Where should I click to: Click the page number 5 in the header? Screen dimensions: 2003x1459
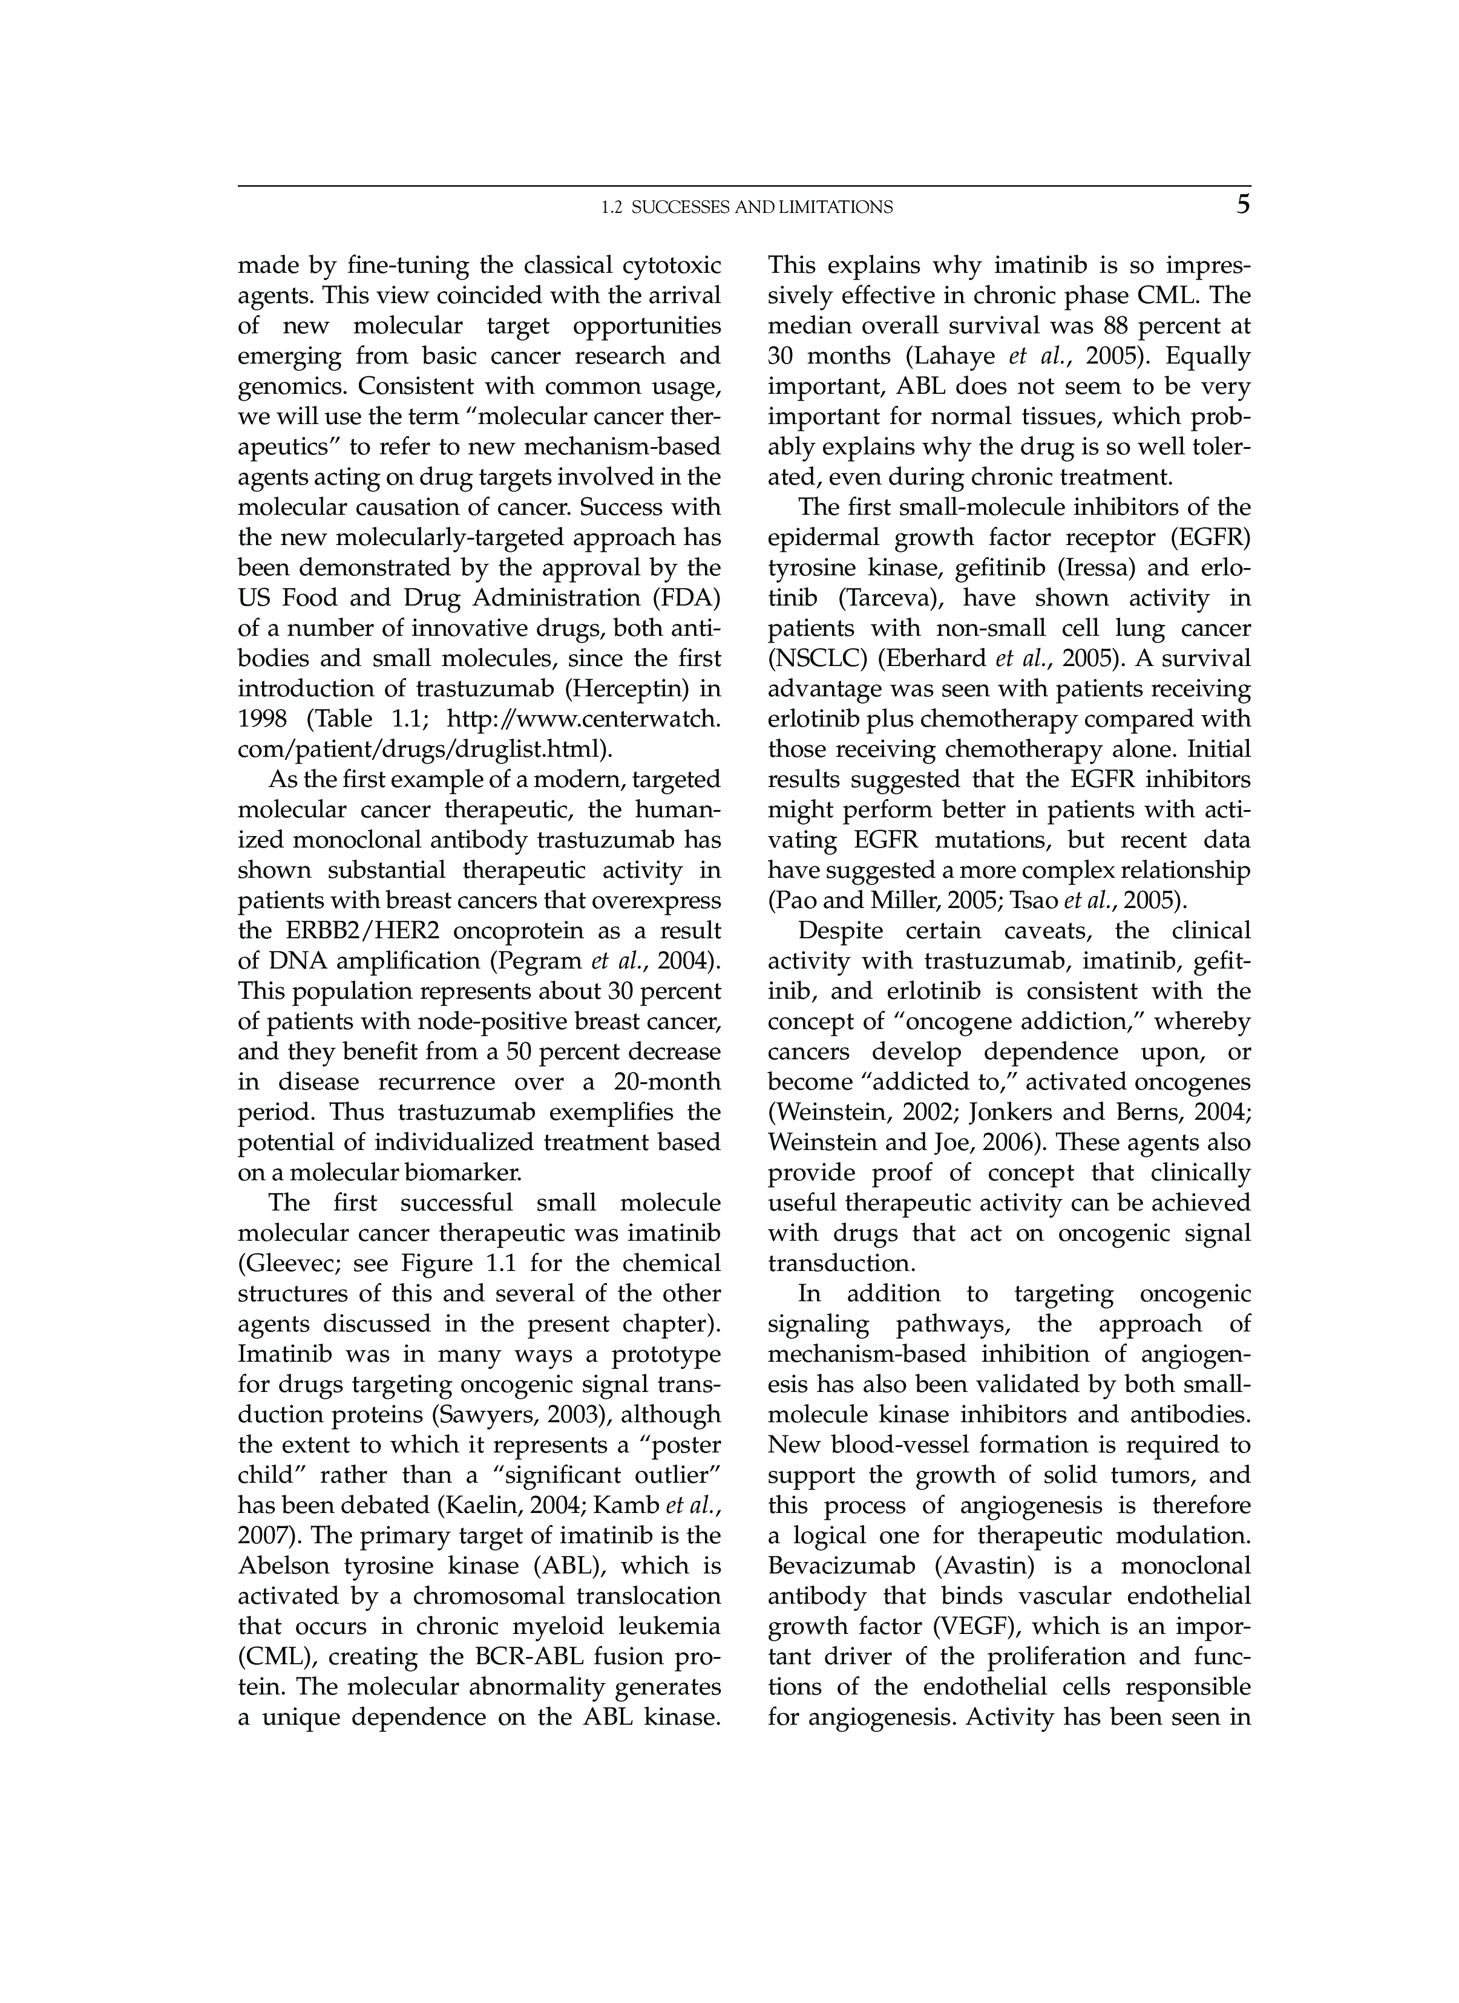[x=1242, y=205]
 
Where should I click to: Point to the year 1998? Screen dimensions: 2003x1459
[x=262, y=719]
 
